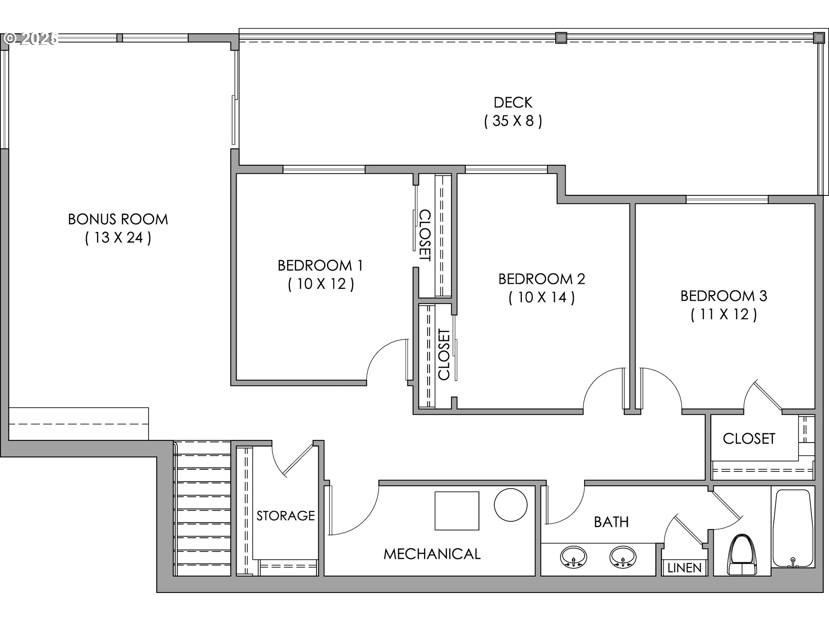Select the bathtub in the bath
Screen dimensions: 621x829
tap(792, 528)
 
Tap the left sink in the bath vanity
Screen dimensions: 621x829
tap(573, 557)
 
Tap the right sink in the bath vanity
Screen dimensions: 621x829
tap(623, 557)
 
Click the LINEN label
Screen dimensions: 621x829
tap(684, 568)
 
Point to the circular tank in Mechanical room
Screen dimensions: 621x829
tap(510, 505)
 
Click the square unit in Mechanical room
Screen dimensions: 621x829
tap(456, 511)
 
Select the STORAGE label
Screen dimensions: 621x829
tap(285, 515)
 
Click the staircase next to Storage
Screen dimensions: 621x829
tap(203, 509)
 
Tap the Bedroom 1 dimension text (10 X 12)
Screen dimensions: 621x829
tap(321, 284)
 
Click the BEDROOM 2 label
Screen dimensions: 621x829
tap(541, 279)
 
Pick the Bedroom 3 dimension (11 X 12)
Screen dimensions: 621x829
tap(724, 314)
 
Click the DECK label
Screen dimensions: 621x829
tap(513, 102)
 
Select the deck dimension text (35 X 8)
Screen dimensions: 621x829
tap(513, 121)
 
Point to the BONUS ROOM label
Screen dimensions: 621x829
tap(118, 219)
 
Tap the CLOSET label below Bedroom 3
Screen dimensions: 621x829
tap(749, 439)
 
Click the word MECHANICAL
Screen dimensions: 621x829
tap(432, 554)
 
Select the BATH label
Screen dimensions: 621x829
tap(611, 522)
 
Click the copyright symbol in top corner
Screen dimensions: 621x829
tap(9, 38)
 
